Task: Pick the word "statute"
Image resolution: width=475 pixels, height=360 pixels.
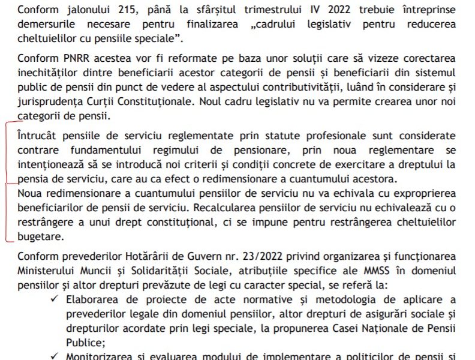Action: coord(260,136)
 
